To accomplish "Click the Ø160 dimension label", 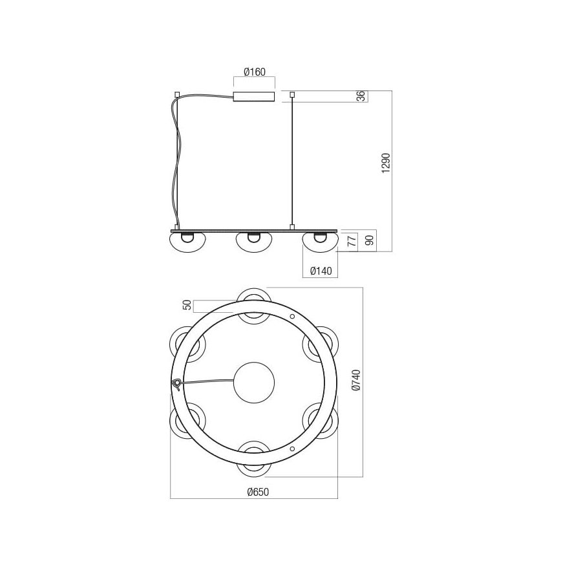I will (x=254, y=72).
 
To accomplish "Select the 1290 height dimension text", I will (x=386, y=163).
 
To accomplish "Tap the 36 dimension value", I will (x=361, y=96).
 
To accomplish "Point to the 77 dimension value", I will (x=352, y=242).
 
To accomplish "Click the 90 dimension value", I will (x=369, y=241).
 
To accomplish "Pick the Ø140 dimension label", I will (x=320, y=271).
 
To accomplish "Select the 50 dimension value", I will (x=187, y=305).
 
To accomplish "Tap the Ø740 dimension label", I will (x=355, y=381).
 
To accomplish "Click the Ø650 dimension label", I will (x=257, y=492).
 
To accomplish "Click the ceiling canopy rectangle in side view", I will (x=254, y=97).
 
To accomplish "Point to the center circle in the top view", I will (x=254, y=383).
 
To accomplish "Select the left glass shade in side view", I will (x=187, y=241).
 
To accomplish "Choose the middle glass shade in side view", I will (x=254, y=241).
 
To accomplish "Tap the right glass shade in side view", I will (x=320, y=241).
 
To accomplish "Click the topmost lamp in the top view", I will (x=253, y=304).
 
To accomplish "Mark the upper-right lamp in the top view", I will (x=320, y=343).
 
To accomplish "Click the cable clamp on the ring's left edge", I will (x=176, y=385).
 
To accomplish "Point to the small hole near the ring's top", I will (x=292, y=316).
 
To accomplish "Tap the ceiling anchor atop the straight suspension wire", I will (x=292, y=95).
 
